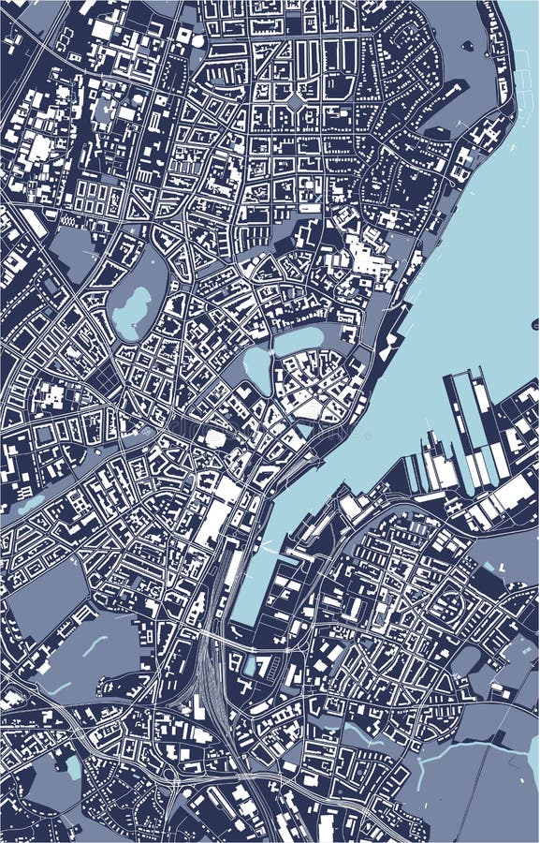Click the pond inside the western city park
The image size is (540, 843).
pos(132,312)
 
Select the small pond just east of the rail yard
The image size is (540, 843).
pos(250,666)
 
